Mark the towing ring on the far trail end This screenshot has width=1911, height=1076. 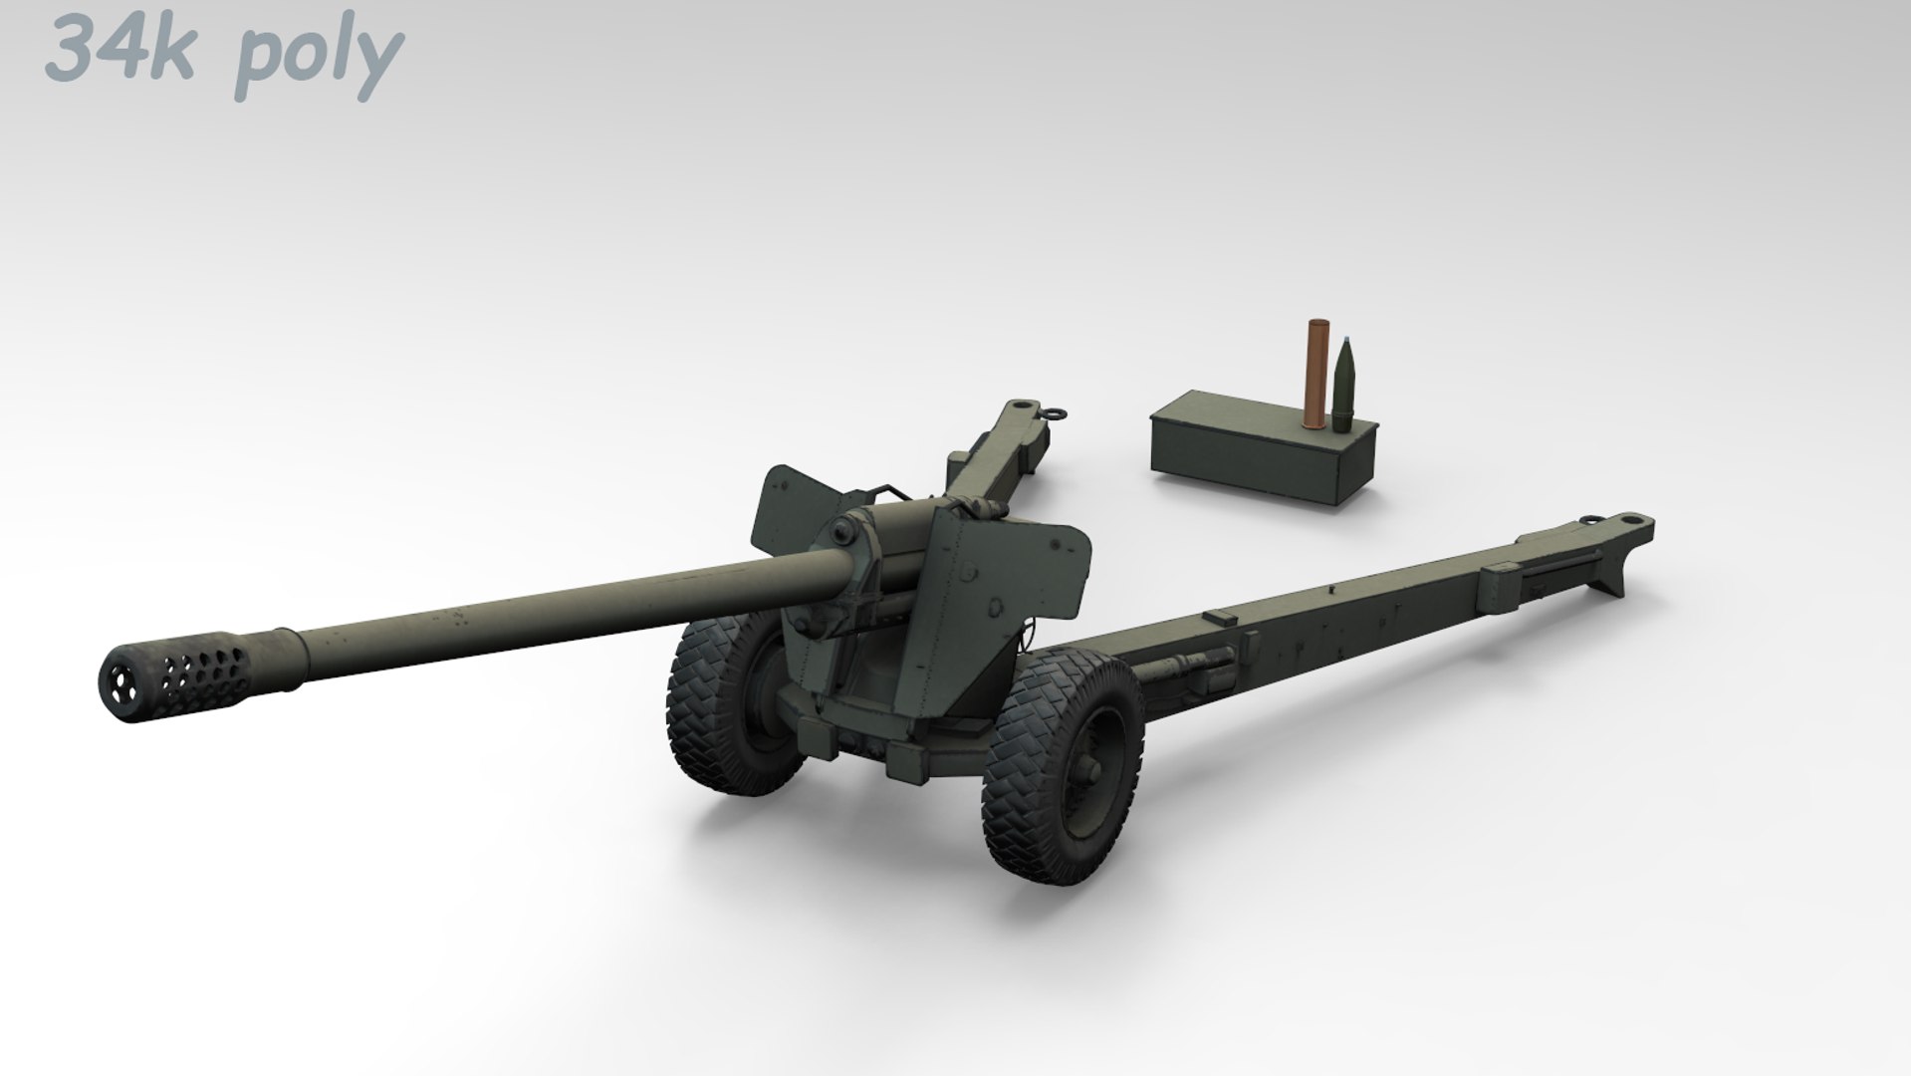tap(1053, 410)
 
